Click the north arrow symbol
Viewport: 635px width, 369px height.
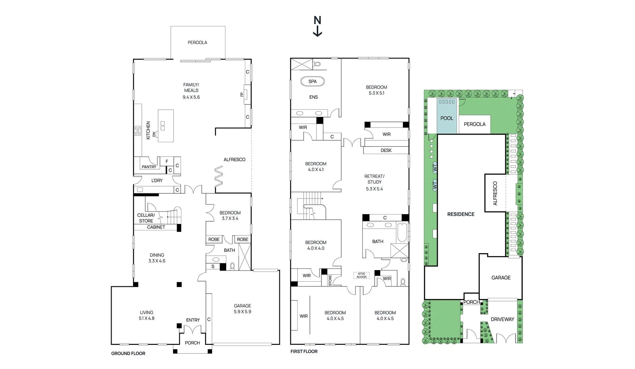tap(317, 26)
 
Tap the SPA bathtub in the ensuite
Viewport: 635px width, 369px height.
tap(312, 81)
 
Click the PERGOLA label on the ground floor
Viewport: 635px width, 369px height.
tap(197, 43)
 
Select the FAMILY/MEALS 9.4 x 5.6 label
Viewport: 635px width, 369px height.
tap(191, 91)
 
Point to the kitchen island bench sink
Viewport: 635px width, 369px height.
tap(163, 126)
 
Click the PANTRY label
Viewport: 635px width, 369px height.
tap(149, 167)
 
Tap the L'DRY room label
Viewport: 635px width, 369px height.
tap(157, 180)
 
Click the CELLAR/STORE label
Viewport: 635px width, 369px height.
tap(146, 218)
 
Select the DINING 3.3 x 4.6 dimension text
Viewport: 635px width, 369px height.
tap(157, 261)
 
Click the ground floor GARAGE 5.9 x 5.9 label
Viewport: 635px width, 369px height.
tap(242, 309)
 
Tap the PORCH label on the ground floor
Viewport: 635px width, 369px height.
tap(192, 343)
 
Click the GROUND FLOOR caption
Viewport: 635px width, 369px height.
tap(128, 354)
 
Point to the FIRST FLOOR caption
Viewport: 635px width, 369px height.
tap(304, 352)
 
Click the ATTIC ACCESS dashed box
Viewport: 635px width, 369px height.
tap(361, 275)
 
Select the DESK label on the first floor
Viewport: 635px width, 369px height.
tap(386, 151)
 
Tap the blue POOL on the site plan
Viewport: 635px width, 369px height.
tap(446, 118)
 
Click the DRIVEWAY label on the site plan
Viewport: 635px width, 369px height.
tap(502, 319)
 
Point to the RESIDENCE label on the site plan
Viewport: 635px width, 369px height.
tap(461, 214)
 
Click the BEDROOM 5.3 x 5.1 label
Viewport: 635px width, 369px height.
tap(376, 90)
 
